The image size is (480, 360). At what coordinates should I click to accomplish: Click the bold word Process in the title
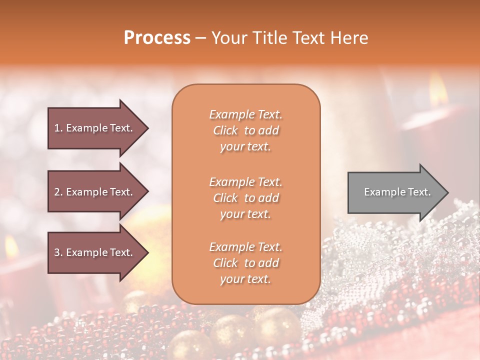(x=157, y=38)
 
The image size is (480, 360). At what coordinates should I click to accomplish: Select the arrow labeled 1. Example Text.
(x=93, y=128)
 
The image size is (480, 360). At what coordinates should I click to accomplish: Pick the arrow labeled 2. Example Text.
(x=93, y=192)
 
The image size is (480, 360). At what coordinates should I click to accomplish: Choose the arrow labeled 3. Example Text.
(x=93, y=252)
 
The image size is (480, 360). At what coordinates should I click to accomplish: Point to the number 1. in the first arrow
(x=58, y=128)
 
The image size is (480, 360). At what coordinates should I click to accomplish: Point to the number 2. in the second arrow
(x=58, y=192)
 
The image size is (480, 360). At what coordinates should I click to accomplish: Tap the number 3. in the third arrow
(x=58, y=252)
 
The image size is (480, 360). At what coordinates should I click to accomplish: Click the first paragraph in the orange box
(x=245, y=130)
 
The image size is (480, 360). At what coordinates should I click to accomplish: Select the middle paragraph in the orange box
(x=245, y=198)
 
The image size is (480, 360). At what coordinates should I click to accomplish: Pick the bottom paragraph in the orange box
(x=245, y=263)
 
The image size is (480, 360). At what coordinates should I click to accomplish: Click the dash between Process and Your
(x=201, y=38)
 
